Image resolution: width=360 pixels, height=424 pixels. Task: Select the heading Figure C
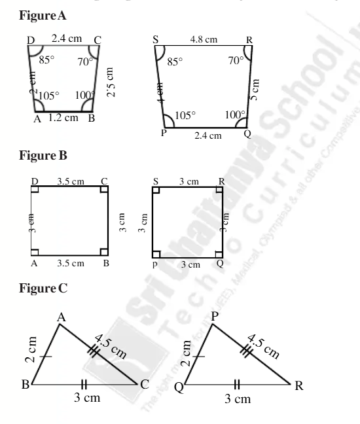pyautogui.click(x=43, y=288)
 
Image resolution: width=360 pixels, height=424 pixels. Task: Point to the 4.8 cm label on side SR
pyautogui.click(x=204, y=39)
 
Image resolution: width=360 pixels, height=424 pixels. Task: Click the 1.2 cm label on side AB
pyautogui.click(x=62, y=118)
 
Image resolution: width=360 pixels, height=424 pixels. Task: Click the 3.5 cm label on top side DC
pyautogui.click(x=70, y=181)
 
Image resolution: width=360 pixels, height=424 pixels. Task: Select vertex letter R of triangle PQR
pyautogui.click(x=299, y=385)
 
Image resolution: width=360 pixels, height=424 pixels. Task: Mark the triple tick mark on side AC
pyautogui.click(x=94, y=352)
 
